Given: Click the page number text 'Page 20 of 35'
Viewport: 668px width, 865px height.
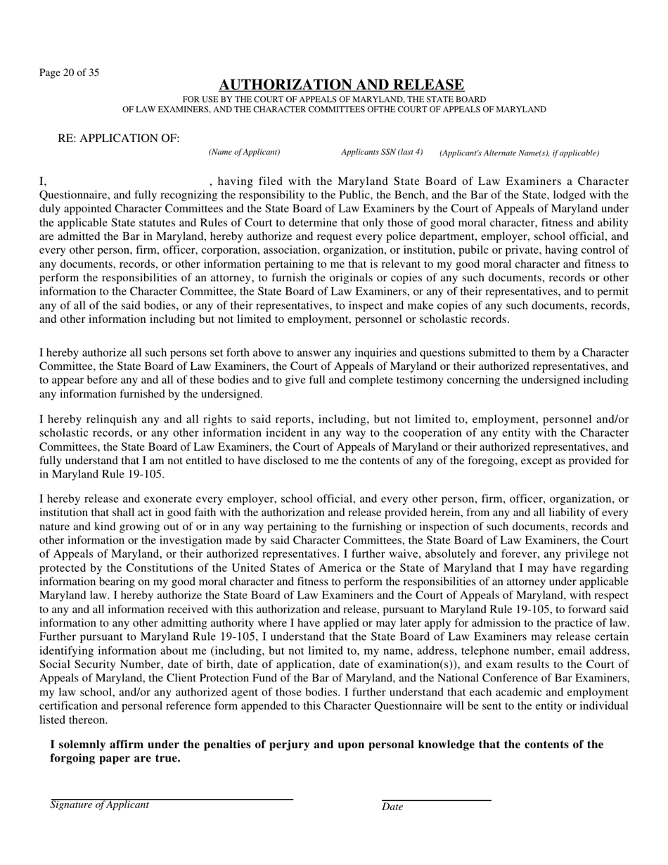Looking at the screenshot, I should point(69,72).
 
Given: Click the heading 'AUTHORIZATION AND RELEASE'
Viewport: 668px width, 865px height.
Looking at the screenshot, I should point(341,85).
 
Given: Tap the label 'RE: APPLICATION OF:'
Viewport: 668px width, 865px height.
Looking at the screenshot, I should point(118,139).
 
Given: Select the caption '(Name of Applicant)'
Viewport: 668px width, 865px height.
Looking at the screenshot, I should point(244,152).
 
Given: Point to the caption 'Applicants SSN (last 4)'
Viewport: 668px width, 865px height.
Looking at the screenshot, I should point(382,152).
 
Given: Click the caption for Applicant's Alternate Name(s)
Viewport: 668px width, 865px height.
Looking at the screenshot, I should point(519,153).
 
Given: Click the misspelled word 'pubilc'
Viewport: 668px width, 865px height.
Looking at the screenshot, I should point(513,250).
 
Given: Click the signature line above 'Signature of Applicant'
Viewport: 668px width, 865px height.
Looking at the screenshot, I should point(172,799).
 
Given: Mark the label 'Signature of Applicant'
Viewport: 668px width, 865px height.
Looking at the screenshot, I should point(100,805).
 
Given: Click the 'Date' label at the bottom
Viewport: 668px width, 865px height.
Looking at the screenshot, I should point(392,807).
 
